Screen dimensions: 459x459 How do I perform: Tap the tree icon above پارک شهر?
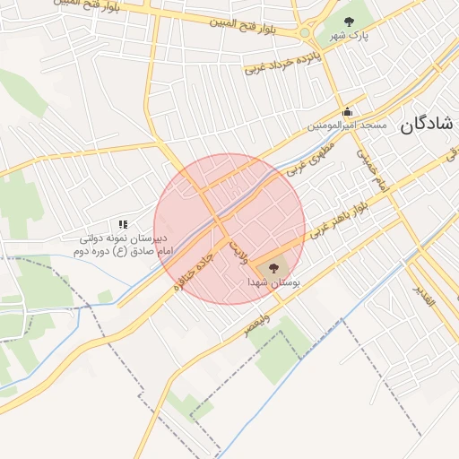[x=349, y=22]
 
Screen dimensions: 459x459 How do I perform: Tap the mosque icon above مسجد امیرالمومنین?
[x=347, y=112]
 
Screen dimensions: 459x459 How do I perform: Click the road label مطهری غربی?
[x=309, y=156]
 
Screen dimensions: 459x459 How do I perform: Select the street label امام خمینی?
[x=371, y=169]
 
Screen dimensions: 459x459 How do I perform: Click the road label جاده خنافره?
[x=194, y=264]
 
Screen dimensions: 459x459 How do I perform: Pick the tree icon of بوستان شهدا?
[x=273, y=267]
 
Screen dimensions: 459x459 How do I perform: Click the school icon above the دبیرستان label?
[x=123, y=224]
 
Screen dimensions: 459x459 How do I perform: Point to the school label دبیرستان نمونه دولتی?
[x=124, y=239]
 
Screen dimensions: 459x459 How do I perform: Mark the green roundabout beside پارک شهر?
[x=305, y=33]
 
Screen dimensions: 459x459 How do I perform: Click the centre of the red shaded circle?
[x=229, y=229]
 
